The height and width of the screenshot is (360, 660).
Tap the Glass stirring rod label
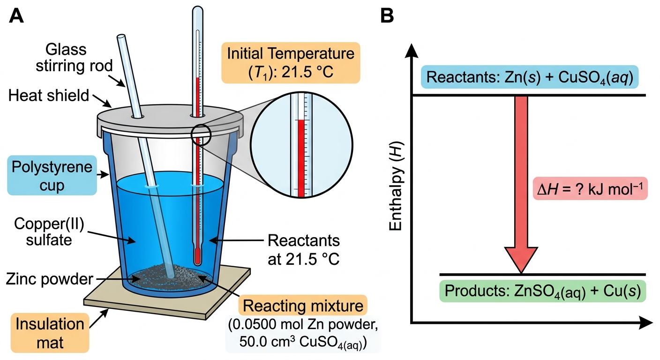click(74, 58)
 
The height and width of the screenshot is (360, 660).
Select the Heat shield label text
click(49, 96)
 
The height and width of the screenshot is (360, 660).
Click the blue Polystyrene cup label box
click(52, 176)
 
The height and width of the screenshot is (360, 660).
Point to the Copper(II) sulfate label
click(49, 232)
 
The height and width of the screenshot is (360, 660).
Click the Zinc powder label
click(49, 279)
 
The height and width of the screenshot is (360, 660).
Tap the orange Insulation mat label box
click(50, 333)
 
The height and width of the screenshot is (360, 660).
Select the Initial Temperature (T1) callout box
click(291, 63)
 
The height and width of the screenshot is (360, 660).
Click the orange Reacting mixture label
click(303, 306)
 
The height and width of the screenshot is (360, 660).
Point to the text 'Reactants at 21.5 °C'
click(303, 250)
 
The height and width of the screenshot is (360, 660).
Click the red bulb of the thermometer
click(197, 256)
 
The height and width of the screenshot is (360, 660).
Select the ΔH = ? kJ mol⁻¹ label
click(590, 188)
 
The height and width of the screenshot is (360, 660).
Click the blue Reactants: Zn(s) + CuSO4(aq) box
click(530, 77)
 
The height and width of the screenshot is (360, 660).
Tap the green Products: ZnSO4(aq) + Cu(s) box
click(542, 291)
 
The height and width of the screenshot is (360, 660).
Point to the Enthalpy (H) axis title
click(396, 186)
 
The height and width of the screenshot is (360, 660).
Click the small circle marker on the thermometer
click(201, 135)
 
